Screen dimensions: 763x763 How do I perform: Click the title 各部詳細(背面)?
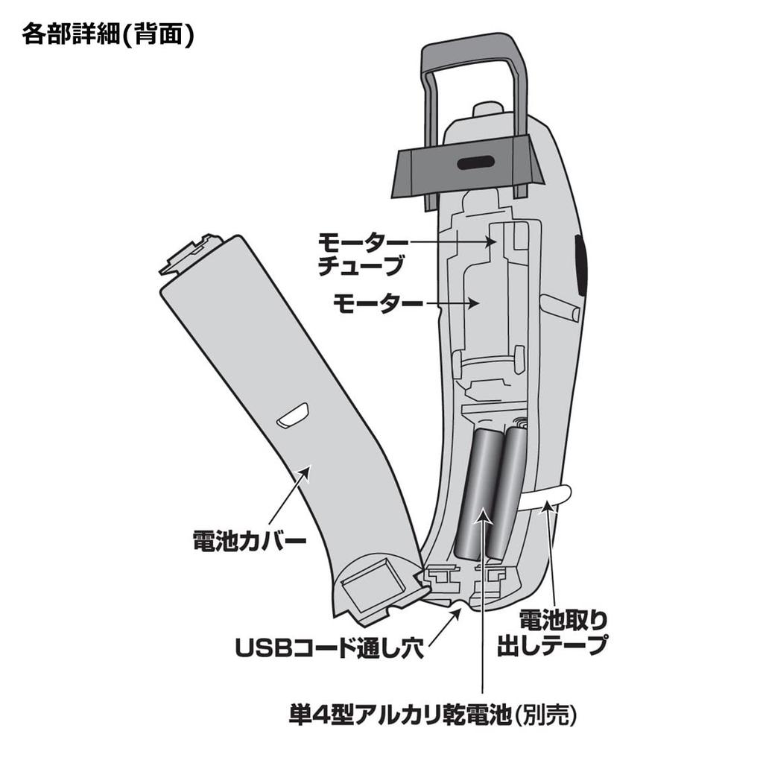tap(108, 34)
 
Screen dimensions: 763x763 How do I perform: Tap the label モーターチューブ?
tap(363, 254)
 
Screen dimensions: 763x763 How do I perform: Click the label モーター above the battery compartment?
tap(378, 304)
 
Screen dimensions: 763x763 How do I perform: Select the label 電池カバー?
tap(249, 541)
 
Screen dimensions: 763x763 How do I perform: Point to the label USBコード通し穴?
tap(330, 648)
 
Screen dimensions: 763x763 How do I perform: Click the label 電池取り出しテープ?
tap(552, 633)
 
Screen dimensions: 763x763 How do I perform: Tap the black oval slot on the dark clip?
tap(475, 163)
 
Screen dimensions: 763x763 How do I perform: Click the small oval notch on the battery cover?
tap(292, 416)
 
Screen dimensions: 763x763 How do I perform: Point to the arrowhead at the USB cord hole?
tap(455, 614)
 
